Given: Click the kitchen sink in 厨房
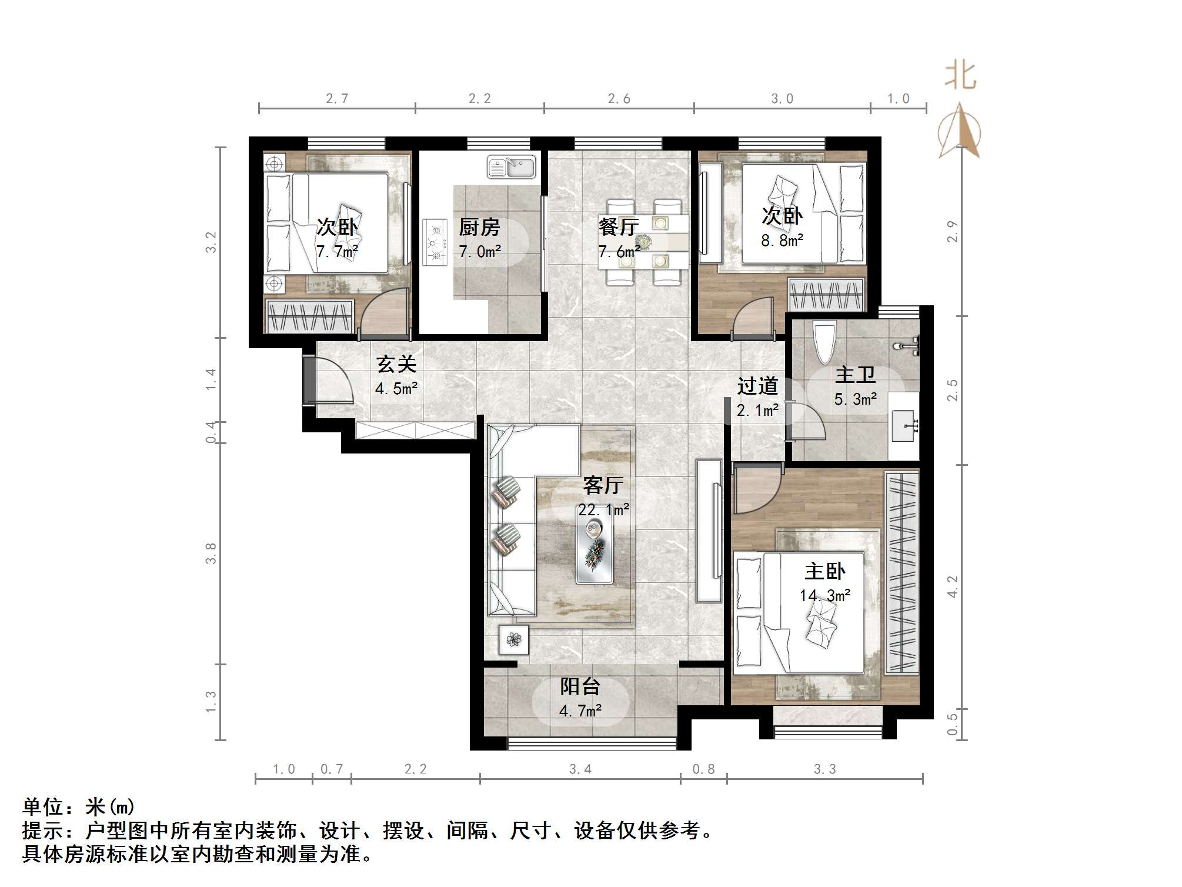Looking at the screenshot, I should [x=511, y=167].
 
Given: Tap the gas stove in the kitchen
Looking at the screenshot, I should [x=436, y=242].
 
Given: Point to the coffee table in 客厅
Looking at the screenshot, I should [x=595, y=544].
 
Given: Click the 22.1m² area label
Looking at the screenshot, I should [x=603, y=510].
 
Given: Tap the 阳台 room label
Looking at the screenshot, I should [x=580, y=686].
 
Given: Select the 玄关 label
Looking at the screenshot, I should [x=396, y=365].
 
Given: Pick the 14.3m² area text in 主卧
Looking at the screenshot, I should [x=824, y=596].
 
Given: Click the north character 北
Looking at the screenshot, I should [x=960, y=76].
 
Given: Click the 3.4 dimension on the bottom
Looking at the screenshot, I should [x=580, y=769].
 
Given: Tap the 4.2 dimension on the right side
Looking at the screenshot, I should [x=953, y=587].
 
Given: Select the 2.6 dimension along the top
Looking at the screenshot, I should [x=619, y=99].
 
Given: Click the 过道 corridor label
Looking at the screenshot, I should [x=757, y=386].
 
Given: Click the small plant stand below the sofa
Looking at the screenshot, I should [x=513, y=639].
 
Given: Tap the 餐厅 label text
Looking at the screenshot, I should [x=619, y=227].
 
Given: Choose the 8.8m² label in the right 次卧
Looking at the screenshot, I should [x=782, y=241].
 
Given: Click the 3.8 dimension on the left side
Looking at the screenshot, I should [x=211, y=553].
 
